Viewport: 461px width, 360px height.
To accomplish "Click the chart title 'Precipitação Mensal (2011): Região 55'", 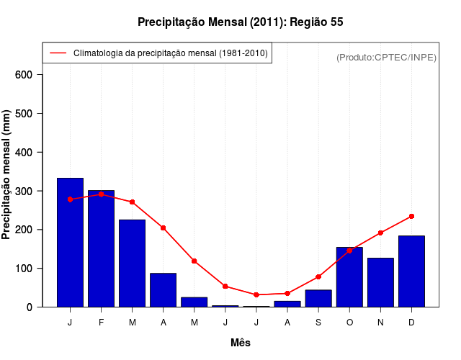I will (x=240, y=22).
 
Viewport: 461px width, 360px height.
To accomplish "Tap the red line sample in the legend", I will (x=58, y=53).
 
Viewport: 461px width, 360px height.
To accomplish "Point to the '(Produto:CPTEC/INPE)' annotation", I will (x=386, y=57).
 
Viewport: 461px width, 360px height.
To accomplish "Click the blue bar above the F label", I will (x=101, y=248).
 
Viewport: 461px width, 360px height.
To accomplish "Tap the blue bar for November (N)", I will (x=380, y=282).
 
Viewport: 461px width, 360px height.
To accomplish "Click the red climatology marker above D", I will (x=411, y=216).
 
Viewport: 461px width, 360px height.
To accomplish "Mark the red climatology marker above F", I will (x=101, y=194).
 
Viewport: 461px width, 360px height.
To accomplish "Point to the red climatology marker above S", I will (x=318, y=276).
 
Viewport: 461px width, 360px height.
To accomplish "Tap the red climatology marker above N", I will (x=380, y=233).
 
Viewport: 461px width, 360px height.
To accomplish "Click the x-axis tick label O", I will (x=349, y=322).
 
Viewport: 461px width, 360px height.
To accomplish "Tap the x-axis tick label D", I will (x=411, y=322).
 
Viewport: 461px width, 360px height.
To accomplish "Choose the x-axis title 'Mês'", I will (x=241, y=343).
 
